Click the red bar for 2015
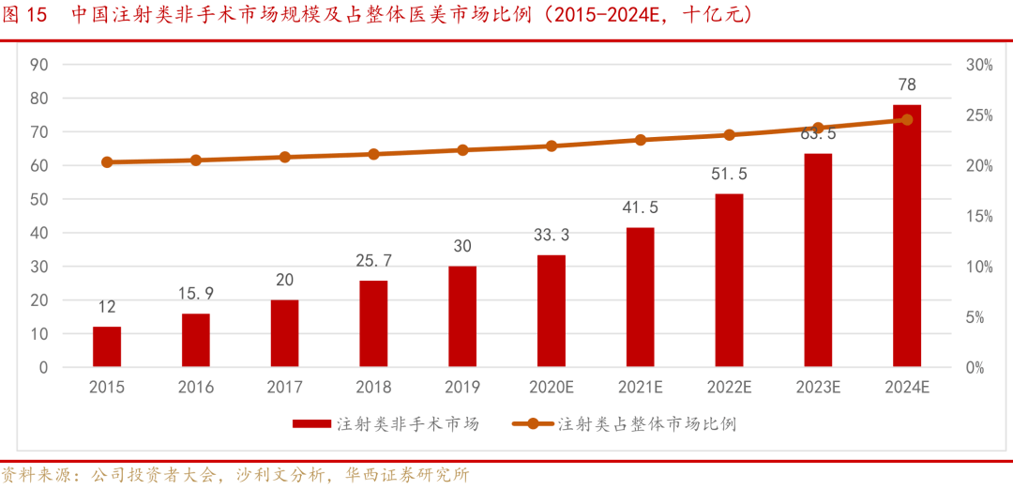coord(107,346)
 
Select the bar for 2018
coord(373,324)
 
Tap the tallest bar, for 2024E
coord(906,236)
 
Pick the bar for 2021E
coord(641,297)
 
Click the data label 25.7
coord(373,260)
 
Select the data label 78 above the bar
coord(906,84)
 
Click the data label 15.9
coord(196,294)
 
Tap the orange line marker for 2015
coord(107,162)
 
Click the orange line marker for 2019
coord(462,150)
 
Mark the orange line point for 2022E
coord(729,135)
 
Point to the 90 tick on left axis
coord(39,65)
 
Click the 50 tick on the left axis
coord(39,199)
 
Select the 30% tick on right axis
coord(979,65)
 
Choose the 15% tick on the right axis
coord(979,216)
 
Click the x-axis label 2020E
coord(552,387)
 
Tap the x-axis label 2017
coord(284,387)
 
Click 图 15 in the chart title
coord(24,16)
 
